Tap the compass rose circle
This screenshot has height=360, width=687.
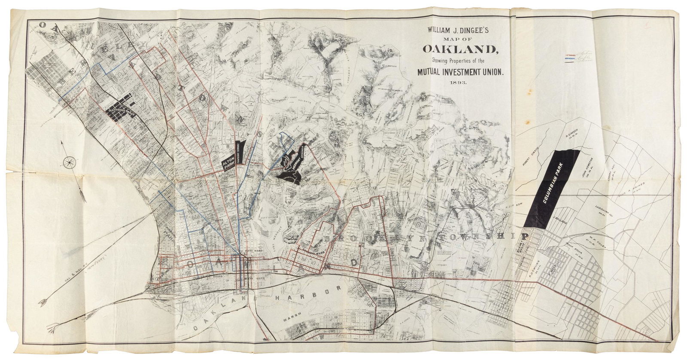69,162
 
